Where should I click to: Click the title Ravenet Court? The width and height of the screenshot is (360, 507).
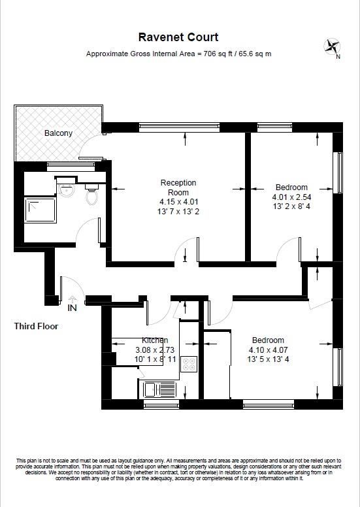(x=178, y=37)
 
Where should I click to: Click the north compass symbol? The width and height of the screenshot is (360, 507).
(x=332, y=47)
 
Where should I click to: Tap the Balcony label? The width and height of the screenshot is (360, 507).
(x=59, y=133)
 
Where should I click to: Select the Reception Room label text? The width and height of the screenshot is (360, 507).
(x=178, y=188)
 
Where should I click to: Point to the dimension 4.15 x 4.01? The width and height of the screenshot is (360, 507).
(x=178, y=202)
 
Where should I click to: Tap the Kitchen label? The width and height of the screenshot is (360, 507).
(x=155, y=340)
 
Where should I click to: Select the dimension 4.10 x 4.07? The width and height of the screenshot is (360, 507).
(x=268, y=350)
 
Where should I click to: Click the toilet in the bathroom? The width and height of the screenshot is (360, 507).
(x=92, y=193)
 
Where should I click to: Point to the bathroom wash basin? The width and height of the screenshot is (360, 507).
(x=66, y=189)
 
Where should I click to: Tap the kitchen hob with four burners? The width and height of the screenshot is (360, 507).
(x=189, y=364)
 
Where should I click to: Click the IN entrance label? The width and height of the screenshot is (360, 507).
(x=72, y=307)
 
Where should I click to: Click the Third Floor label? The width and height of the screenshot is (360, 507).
(x=37, y=326)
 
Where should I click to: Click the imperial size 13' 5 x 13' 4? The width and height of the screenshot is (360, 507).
(x=268, y=359)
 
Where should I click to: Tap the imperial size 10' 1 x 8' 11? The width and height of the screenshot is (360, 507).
(x=155, y=359)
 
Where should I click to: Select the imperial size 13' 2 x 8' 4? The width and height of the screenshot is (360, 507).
(x=291, y=206)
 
